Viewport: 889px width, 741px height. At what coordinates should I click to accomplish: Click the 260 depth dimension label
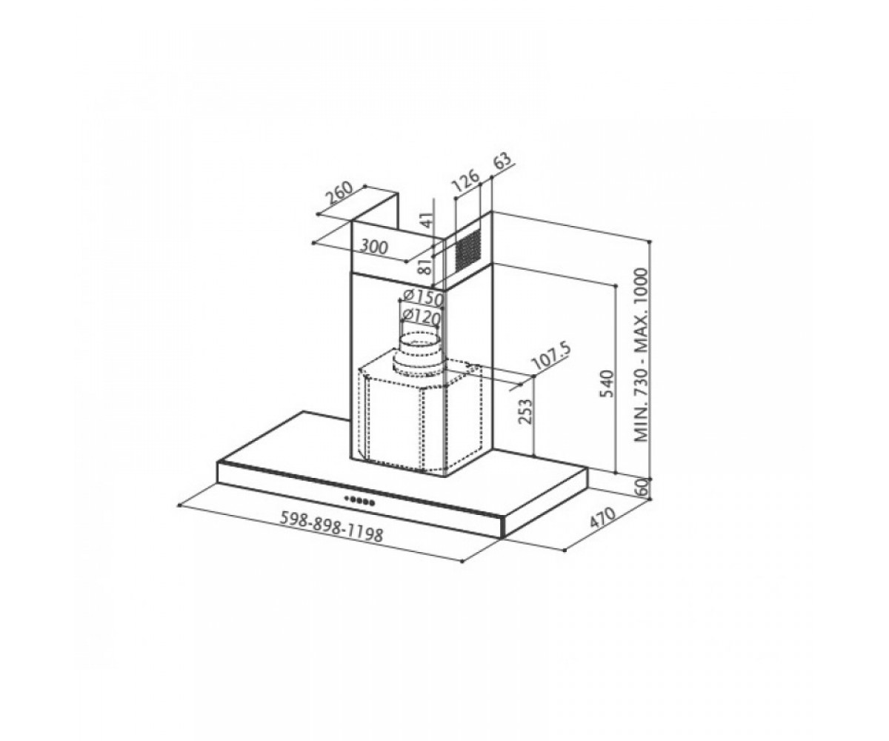point(339,194)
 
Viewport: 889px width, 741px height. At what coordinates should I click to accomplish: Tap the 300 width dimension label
point(374,247)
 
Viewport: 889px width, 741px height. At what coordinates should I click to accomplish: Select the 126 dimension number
point(465,180)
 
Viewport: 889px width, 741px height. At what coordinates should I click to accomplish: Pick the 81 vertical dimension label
point(426,266)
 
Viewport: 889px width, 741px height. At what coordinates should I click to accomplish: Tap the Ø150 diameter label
point(423,297)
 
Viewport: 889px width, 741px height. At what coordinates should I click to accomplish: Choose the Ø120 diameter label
point(421,317)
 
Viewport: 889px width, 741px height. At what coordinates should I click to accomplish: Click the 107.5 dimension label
point(551,357)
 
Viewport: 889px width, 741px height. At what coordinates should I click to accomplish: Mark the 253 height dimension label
point(526,411)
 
